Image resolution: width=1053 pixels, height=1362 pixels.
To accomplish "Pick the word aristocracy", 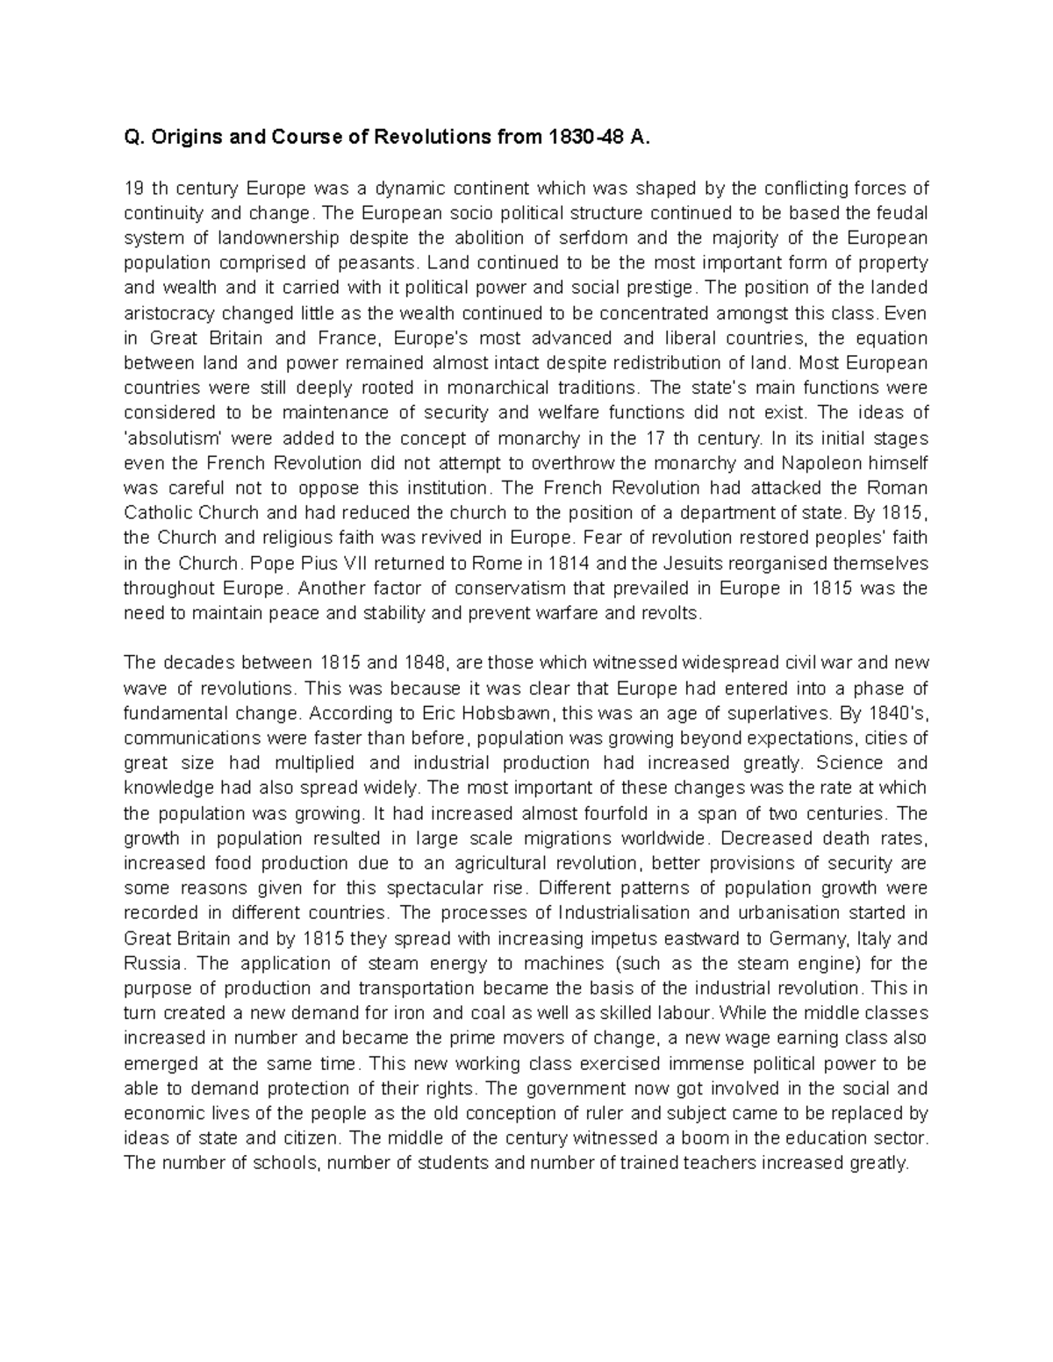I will click(x=168, y=313).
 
